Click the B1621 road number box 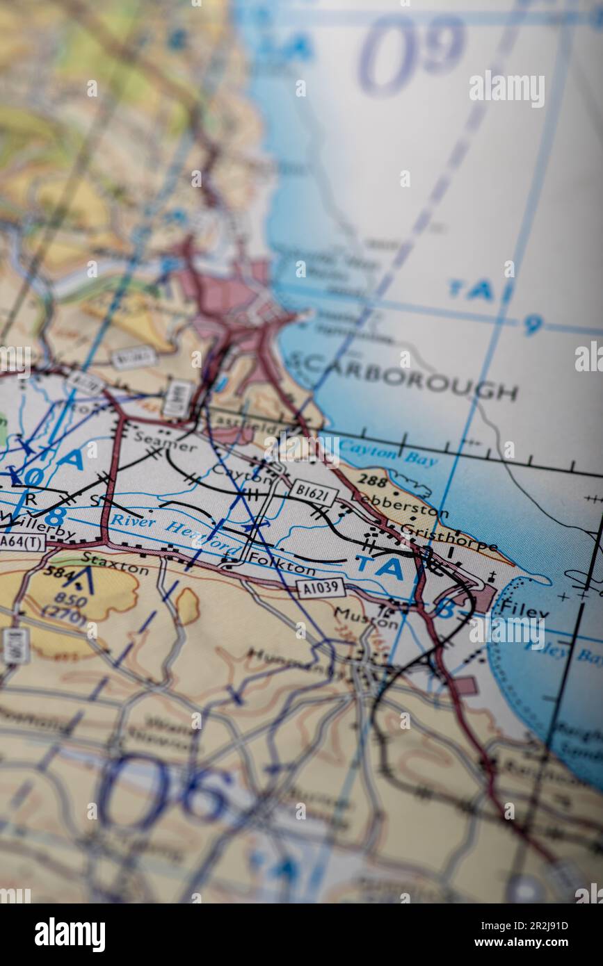click(313, 492)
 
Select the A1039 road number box click(321, 588)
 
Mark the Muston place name click(366, 617)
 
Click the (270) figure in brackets click(65, 614)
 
